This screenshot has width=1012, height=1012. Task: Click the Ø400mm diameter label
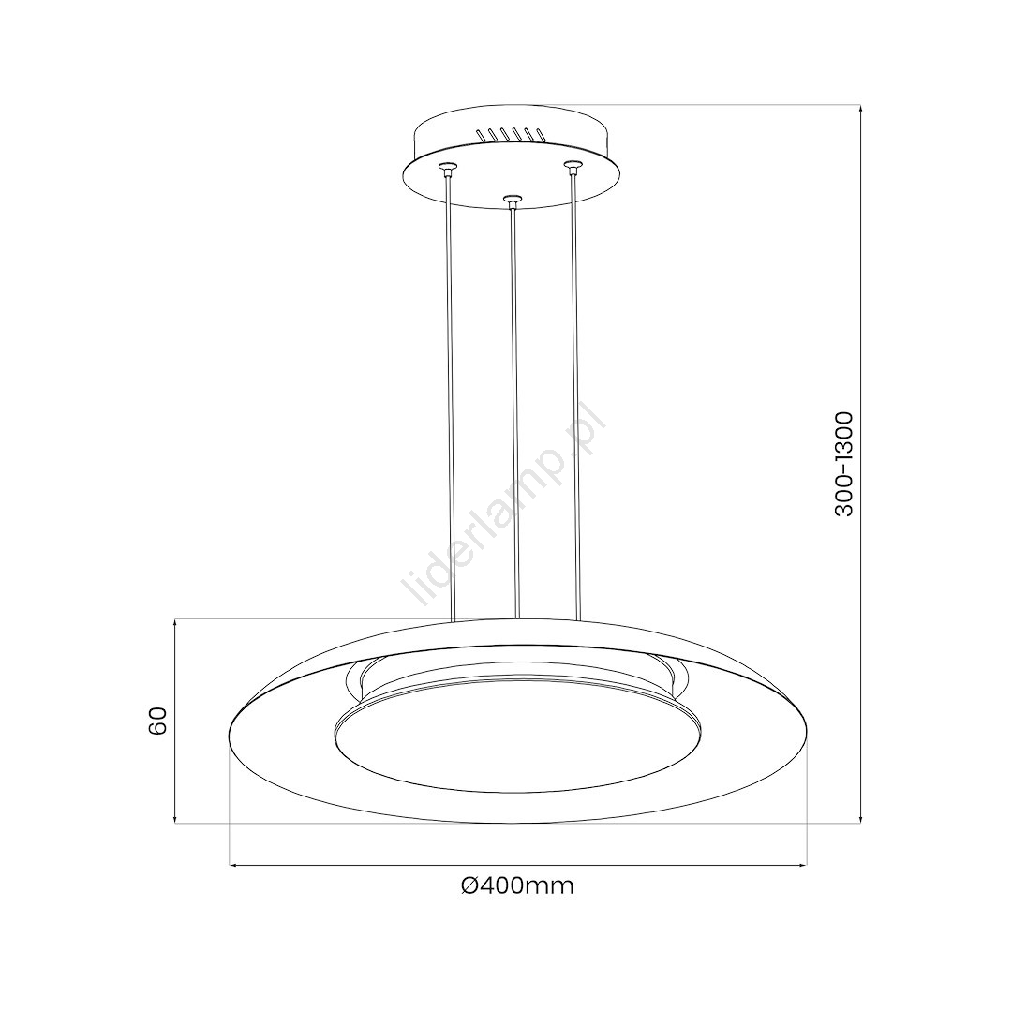tap(517, 886)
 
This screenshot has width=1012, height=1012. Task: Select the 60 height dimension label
tap(157, 721)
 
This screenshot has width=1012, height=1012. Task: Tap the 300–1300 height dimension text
tap(844, 464)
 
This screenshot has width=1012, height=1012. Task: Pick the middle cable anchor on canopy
tap(512, 200)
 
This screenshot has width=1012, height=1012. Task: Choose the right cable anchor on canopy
tap(572, 167)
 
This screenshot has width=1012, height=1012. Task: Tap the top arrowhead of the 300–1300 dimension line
tap(861, 110)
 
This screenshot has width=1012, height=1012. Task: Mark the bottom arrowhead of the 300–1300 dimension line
tap(861, 818)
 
